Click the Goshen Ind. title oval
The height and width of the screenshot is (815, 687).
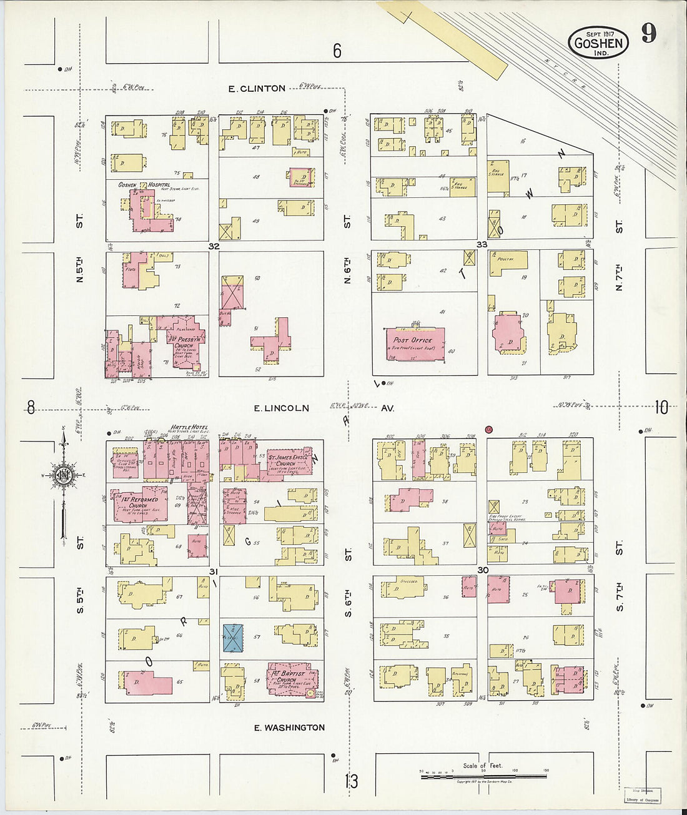(598, 42)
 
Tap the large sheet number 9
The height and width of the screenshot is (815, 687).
(649, 32)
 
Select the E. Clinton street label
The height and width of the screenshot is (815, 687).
(257, 89)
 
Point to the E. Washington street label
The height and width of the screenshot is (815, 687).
(290, 728)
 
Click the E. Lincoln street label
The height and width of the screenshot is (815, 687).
(281, 408)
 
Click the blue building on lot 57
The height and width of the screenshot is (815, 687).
(233, 638)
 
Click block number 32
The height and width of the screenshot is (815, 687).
(214, 246)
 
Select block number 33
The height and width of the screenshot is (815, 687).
(482, 244)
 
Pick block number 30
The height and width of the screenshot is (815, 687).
(482, 570)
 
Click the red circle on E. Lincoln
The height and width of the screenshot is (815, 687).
(489, 429)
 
